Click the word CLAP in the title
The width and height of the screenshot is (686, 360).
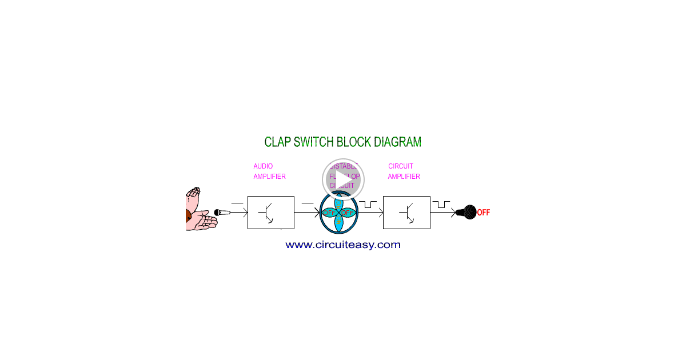tap(277, 142)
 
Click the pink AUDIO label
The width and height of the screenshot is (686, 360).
tap(263, 166)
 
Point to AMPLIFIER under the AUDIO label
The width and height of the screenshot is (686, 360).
tap(269, 177)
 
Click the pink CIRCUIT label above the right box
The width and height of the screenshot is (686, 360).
tap(400, 166)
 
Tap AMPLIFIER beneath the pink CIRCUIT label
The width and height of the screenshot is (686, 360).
tap(404, 177)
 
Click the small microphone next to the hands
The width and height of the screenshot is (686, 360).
tap(222, 213)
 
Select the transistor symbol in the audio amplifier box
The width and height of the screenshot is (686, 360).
tap(268, 213)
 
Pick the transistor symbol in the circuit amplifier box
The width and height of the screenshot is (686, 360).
tap(408, 213)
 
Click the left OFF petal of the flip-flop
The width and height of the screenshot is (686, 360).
tap(329, 213)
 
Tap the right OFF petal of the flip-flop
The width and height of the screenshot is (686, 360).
tap(348, 213)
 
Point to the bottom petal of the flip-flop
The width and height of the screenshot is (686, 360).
tap(338, 224)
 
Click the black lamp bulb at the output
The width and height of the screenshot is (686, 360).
tap(468, 213)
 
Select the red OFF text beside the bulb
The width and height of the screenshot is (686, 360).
tap(484, 213)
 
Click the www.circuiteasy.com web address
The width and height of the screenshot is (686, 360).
tap(343, 245)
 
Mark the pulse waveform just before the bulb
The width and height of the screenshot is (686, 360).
tap(441, 204)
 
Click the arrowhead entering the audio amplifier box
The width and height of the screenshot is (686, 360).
tap(245, 213)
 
